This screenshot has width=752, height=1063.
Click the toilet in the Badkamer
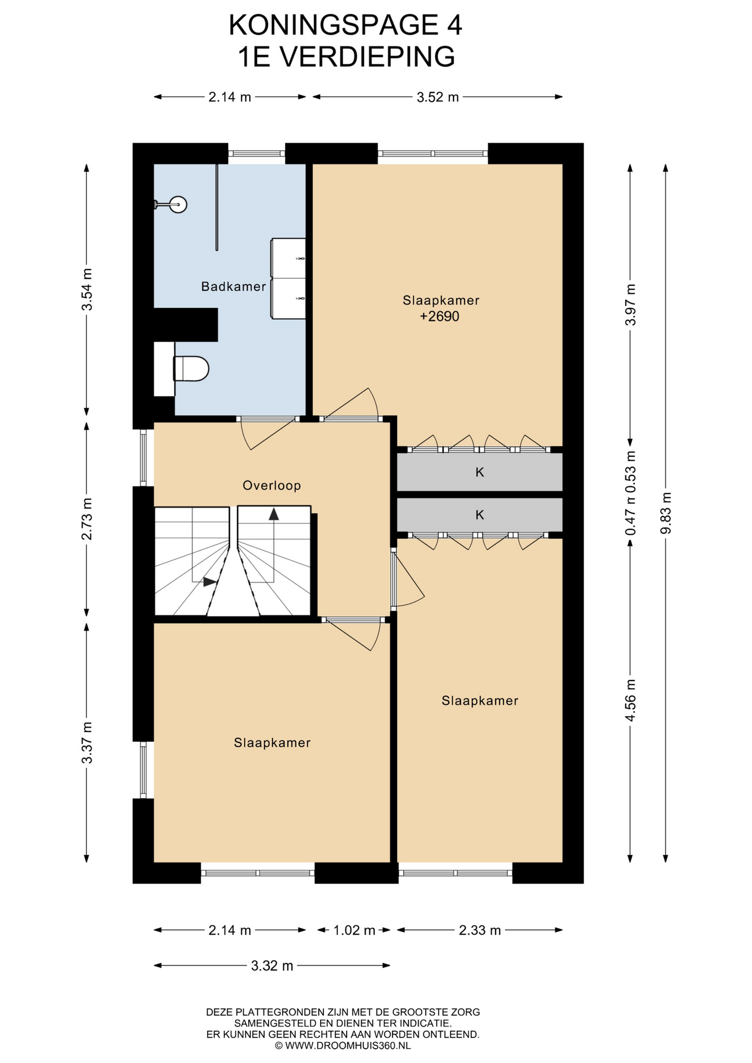pos(191,368)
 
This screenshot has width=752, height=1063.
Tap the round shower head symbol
pos(178,204)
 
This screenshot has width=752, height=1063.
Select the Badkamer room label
pos(234,286)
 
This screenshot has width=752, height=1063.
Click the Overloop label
pos(272,486)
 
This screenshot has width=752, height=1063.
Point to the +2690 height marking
pos(440,317)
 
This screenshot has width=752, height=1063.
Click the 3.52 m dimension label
pos(437,97)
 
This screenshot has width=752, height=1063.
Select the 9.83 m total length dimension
pos(666,513)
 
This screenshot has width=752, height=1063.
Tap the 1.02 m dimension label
pos(354,930)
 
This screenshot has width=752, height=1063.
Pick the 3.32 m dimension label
pos(272,966)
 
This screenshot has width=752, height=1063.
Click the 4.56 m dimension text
pos(630,700)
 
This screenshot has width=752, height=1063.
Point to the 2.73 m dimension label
pos(86,519)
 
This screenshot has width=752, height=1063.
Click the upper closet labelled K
pos(480,472)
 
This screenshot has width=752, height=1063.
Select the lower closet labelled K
pos(480,515)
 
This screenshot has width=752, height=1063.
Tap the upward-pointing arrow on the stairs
pos(274,514)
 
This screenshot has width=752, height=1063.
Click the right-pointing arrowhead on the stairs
pos(210,582)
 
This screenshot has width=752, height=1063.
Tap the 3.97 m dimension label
pos(630,305)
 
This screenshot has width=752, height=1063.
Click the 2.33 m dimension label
pos(480,930)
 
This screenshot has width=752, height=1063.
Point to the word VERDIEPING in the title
pos(367,57)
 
